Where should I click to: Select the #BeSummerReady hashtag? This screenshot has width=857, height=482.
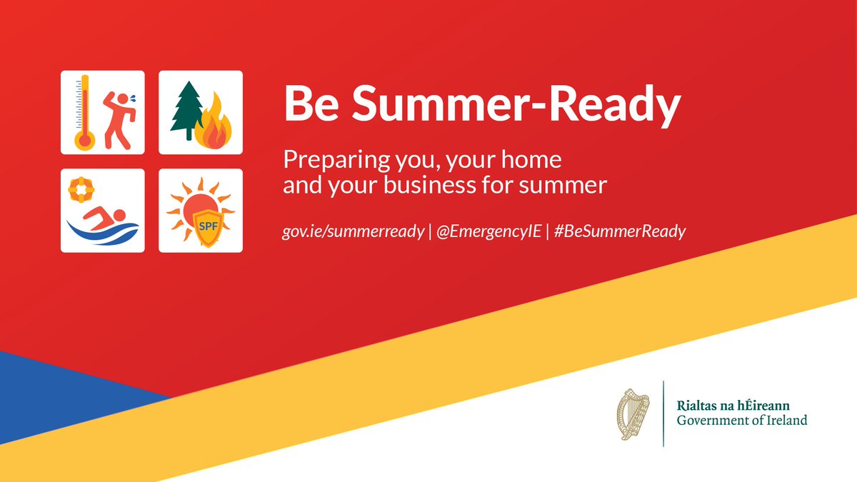tap(618, 232)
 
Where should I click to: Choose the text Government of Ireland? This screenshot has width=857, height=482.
tap(742, 421)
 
